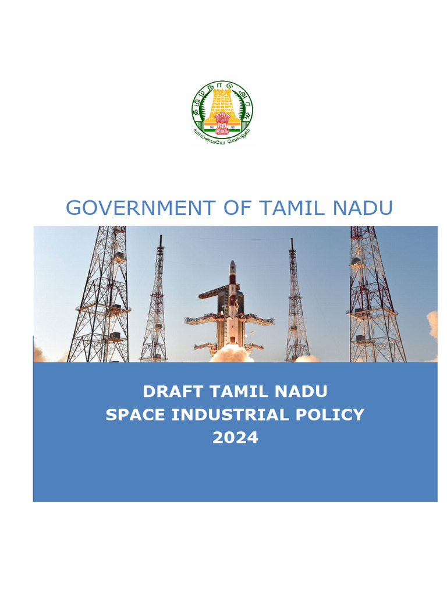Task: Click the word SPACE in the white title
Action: tap(132, 415)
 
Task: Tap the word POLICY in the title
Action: tap(333, 415)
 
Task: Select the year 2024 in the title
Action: tap(235, 438)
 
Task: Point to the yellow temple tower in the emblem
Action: tap(222, 102)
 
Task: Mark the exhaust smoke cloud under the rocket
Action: tap(232, 354)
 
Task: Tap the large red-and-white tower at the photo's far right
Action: tap(373, 297)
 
